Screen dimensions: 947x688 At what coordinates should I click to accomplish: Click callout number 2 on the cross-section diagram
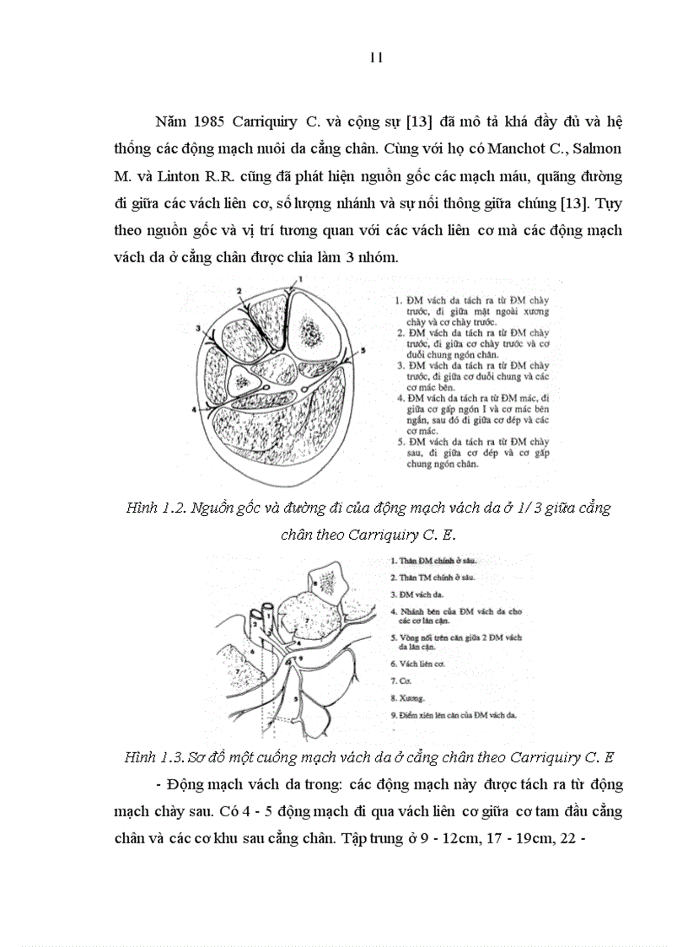click(x=239, y=290)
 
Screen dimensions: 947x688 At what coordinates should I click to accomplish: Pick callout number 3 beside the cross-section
click(x=196, y=326)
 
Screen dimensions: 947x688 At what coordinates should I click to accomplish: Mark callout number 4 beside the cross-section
click(x=194, y=409)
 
